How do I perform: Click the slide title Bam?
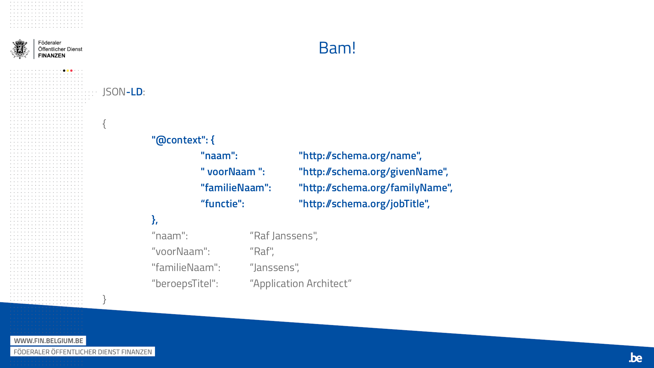pyautogui.click(x=337, y=48)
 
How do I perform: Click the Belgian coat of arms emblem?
pyautogui.click(x=20, y=49)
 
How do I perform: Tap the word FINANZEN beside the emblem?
pyautogui.click(x=52, y=56)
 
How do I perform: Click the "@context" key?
pyautogui.click(x=180, y=140)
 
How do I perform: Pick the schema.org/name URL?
pyautogui.click(x=360, y=156)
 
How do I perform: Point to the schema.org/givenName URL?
pyautogui.click(x=373, y=172)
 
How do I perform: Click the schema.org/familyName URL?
pyautogui.click(x=375, y=188)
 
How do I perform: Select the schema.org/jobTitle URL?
pyautogui.click(x=364, y=204)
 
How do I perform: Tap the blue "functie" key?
pyautogui.click(x=222, y=204)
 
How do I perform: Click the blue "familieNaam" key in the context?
pyautogui.click(x=236, y=188)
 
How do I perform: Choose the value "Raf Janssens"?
pyautogui.click(x=284, y=236)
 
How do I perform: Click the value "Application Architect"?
pyautogui.click(x=301, y=284)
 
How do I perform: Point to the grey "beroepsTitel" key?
pyautogui.click(x=185, y=284)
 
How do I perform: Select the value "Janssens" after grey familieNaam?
pyautogui.click(x=274, y=268)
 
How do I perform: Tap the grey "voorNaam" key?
pyautogui.click(x=181, y=252)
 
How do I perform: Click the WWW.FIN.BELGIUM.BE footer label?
pyautogui.click(x=48, y=341)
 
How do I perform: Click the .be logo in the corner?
pyautogui.click(x=635, y=358)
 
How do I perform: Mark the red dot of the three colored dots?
pyautogui.click(x=71, y=71)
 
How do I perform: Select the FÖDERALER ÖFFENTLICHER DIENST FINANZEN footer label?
pyautogui.click(x=83, y=352)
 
